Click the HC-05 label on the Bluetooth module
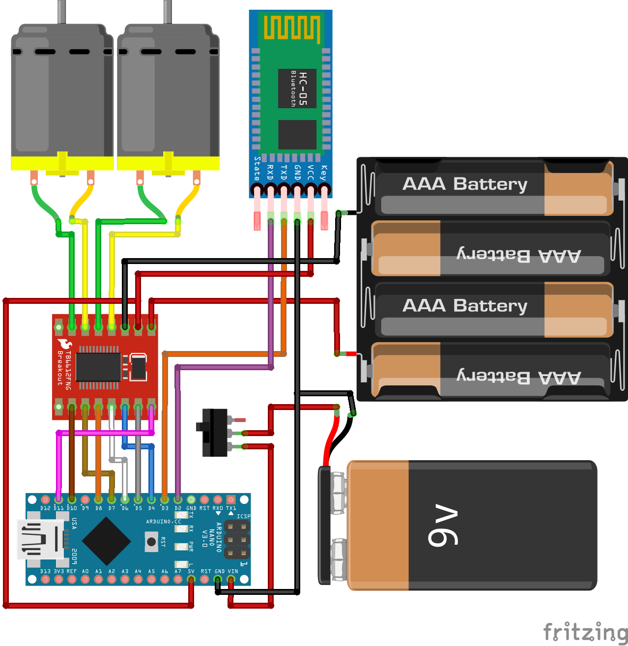pyautogui.click(x=303, y=88)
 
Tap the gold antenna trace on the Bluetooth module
pyautogui.click(x=292, y=28)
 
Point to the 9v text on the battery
pyautogui.click(x=443, y=525)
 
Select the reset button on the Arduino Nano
pyautogui.click(x=151, y=542)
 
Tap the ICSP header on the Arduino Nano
pyautogui.click(x=237, y=539)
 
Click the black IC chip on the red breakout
pyautogui.click(x=98, y=367)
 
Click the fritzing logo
pyautogui.click(x=585, y=631)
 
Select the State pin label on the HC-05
pyautogui.click(x=257, y=169)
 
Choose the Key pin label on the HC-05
pyautogui.click(x=323, y=173)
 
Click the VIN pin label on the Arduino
pyautogui.click(x=233, y=571)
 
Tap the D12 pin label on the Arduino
pyautogui.click(x=45, y=508)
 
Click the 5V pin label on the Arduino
pyautogui.click(x=191, y=571)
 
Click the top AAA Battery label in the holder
pyautogui.click(x=464, y=184)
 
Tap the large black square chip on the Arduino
pyautogui.click(x=106, y=541)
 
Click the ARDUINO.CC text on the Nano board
pyautogui.click(x=163, y=522)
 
